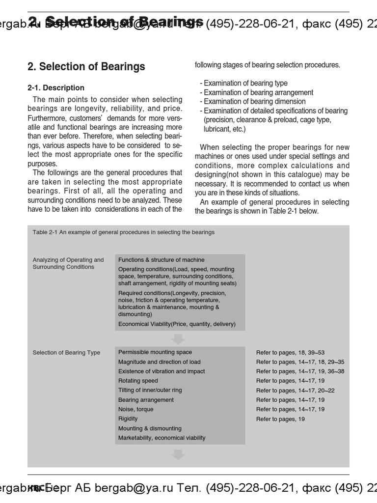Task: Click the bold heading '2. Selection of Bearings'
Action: click(86, 67)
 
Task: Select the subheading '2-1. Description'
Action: click(56, 88)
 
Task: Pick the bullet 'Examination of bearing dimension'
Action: click(254, 102)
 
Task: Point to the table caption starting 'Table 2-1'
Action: click(123, 232)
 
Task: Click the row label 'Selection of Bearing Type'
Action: click(66, 353)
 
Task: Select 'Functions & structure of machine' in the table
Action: click(161, 260)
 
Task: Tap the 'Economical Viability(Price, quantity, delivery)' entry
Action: click(177, 324)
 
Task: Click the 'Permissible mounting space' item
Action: click(155, 352)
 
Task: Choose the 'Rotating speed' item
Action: click(138, 381)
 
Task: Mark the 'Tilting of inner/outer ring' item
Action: click(150, 390)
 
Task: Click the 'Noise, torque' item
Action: click(135, 409)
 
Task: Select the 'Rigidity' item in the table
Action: click(128, 419)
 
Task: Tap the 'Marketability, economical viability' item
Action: click(162, 438)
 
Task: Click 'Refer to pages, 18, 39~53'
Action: click(290, 353)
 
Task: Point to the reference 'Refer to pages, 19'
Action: click(280, 419)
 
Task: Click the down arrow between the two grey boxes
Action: click(178, 339)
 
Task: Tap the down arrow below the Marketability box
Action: click(178, 455)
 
